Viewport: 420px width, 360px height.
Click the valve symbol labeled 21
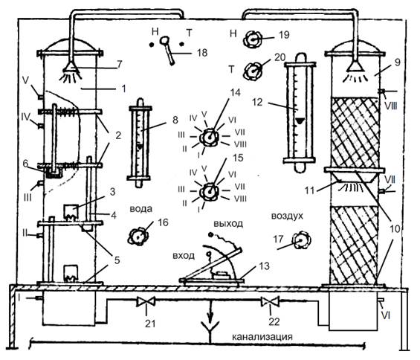pyautogui.click(x=146, y=301)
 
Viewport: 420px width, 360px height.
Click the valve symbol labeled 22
pyautogui.click(x=271, y=301)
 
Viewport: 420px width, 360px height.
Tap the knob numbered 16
pyautogui.click(x=138, y=237)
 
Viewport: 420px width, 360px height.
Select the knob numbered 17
pyautogui.click(x=301, y=240)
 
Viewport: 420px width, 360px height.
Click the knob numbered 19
pyautogui.click(x=252, y=39)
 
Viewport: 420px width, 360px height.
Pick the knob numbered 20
pyautogui.click(x=253, y=71)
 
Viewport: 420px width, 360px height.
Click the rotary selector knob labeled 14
pyautogui.click(x=209, y=138)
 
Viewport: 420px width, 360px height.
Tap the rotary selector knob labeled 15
pyautogui.click(x=209, y=192)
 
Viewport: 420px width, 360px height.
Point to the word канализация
pyautogui.click(x=262, y=336)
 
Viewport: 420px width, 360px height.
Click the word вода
pyautogui.click(x=141, y=208)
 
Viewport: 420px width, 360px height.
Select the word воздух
pyautogui.click(x=287, y=216)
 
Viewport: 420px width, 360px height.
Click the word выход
pyautogui.click(x=228, y=223)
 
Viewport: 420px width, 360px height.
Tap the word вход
pyautogui.click(x=184, y=256)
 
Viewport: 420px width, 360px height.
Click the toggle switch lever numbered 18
pyautogui.click(x=167, y=50)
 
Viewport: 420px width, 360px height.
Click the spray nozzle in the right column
pyautogui.click(x=355, y=66)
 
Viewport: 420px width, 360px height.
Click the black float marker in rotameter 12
pyautogui.click(x=300, y=121)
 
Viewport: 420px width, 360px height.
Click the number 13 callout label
pyautogui.click(x=264, y=266)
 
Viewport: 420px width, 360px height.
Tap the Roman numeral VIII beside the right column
pyautogui.click(x=390, y=106)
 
